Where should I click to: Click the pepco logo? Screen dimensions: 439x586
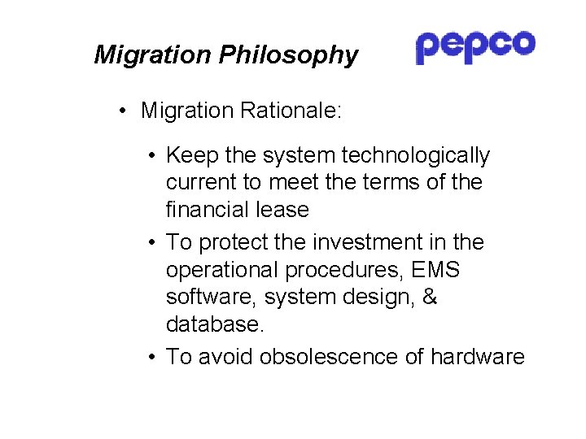475,46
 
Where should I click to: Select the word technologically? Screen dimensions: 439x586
416,155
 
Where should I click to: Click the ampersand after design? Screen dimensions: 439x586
431,298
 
